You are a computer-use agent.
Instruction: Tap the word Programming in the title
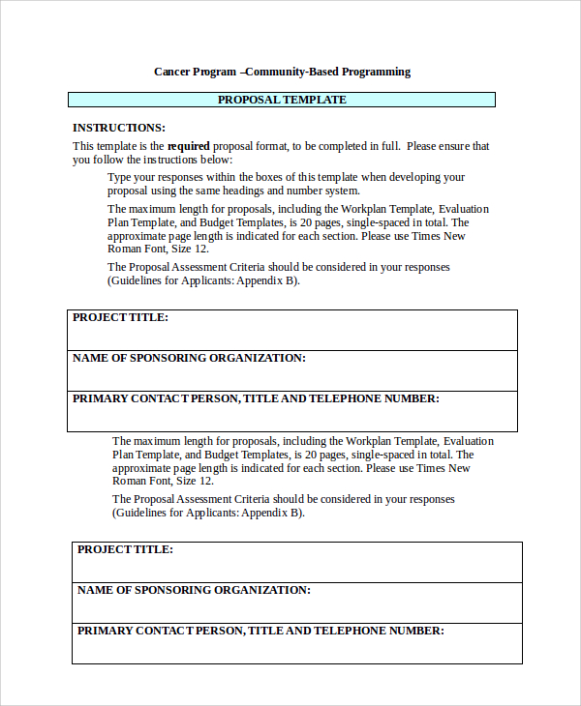point(372,72)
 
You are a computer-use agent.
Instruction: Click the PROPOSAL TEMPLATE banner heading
point(281,100)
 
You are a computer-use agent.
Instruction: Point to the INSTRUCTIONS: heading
point(119,128)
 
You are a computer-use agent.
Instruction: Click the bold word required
point(188,147)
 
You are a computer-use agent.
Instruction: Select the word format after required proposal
point(272,147)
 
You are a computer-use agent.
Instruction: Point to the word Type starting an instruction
point(119,178)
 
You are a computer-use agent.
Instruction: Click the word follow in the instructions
point(111,160)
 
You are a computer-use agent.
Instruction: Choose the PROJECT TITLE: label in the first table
point(120,317)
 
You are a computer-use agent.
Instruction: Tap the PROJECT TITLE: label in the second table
point(125,549)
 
